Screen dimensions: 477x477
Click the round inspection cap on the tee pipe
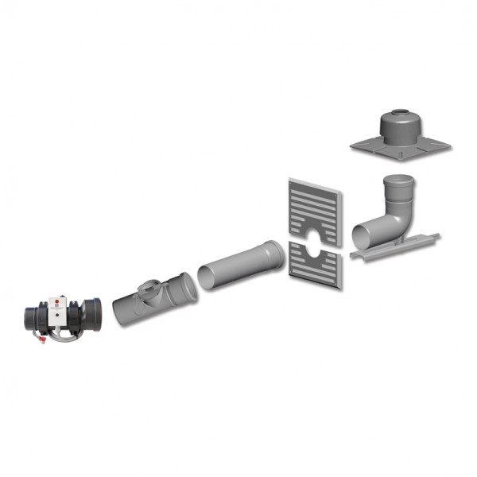147,285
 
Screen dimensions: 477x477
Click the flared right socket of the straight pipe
272,253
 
